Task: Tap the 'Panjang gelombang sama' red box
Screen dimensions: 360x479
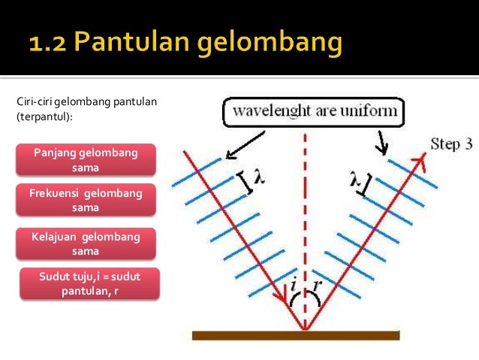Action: click(86, 159)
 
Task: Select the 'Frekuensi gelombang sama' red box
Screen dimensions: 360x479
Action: click(86, 200)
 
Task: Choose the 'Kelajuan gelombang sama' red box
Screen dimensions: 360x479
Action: click(86, 244)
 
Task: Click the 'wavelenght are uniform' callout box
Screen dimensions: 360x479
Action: click(315, 114)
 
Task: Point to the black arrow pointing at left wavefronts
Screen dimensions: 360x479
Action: click(245, 144)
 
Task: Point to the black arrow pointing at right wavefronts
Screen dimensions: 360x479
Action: click(383, 141)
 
